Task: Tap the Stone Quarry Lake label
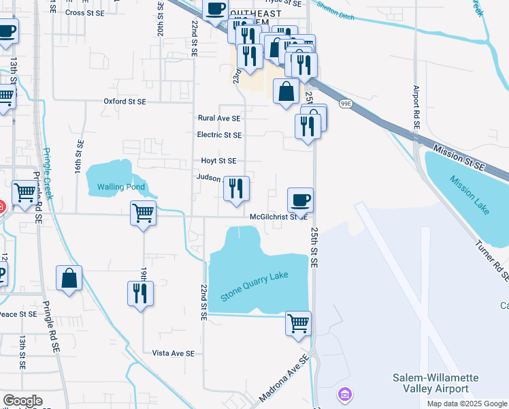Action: (x=255, y=287)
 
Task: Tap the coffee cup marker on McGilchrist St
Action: (x=300, y=200)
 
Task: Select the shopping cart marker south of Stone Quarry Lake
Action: (x=298, y=323)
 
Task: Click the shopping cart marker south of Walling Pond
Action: (x=144, y=213)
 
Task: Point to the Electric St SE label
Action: (x=219, y=135)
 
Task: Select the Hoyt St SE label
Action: (x=218, y=161)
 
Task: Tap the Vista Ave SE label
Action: (x=174, y=353)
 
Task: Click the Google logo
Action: (x=22, y=401)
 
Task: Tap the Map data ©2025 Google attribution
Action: (x=467, y=404)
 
